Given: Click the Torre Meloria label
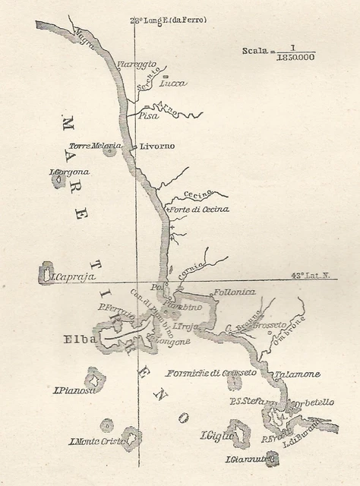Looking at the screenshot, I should [x=95, y=146].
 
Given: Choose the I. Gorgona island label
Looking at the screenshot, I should [x=69, y=172].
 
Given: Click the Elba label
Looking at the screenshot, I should [x=80, y=339].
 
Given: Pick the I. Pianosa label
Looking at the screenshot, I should [x=74, y=391].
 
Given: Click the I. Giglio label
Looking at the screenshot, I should [x=216, y=436].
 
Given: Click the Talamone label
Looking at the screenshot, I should [x=297, y=374].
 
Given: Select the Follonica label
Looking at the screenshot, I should [x=235, y=292].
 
